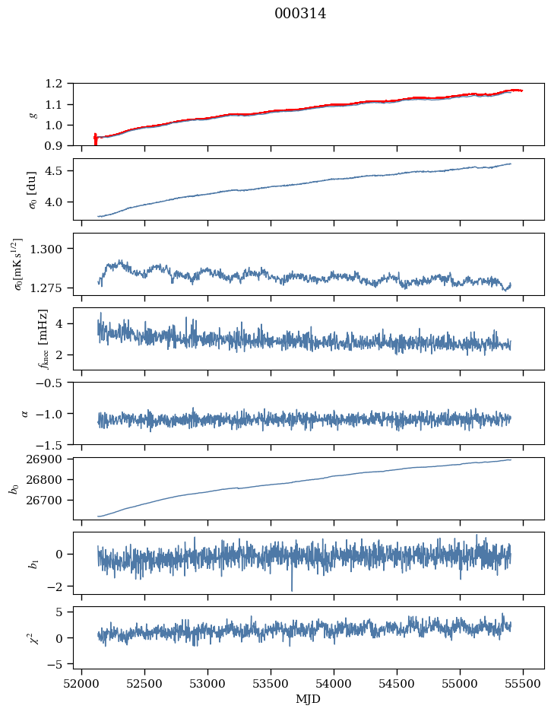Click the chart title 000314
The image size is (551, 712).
(x=300, y=14)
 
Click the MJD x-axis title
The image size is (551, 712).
(x=309, y=699)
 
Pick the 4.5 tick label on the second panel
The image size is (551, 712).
(x=58, y=171)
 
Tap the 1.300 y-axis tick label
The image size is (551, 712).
(x=51, y=249)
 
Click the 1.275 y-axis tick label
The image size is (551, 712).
(x=51, y=288)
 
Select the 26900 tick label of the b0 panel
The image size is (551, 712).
(x=51, y=459)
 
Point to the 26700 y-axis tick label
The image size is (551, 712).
(x=51, y=501)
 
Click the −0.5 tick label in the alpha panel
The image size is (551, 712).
(x=52, y=383)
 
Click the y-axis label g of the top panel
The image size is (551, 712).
(x=32, y=114)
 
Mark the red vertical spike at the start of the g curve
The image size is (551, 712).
(x=95, y=139)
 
